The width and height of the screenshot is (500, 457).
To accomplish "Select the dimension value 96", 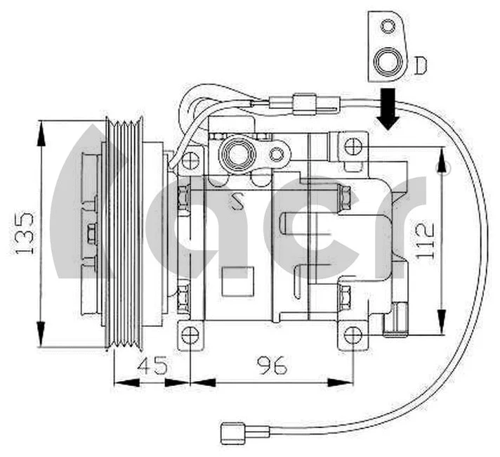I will pos(272,366).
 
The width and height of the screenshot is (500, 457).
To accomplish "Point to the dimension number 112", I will pos(426,240).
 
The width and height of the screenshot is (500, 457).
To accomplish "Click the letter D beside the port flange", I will pos(420,65).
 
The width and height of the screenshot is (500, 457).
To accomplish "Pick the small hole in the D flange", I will pos(387,27).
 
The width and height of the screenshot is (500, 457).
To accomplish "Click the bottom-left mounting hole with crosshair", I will pos(189,335).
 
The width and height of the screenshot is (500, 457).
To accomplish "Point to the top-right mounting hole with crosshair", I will pos(354,147).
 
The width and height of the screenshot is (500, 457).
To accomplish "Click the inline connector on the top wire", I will pos(305,103).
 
